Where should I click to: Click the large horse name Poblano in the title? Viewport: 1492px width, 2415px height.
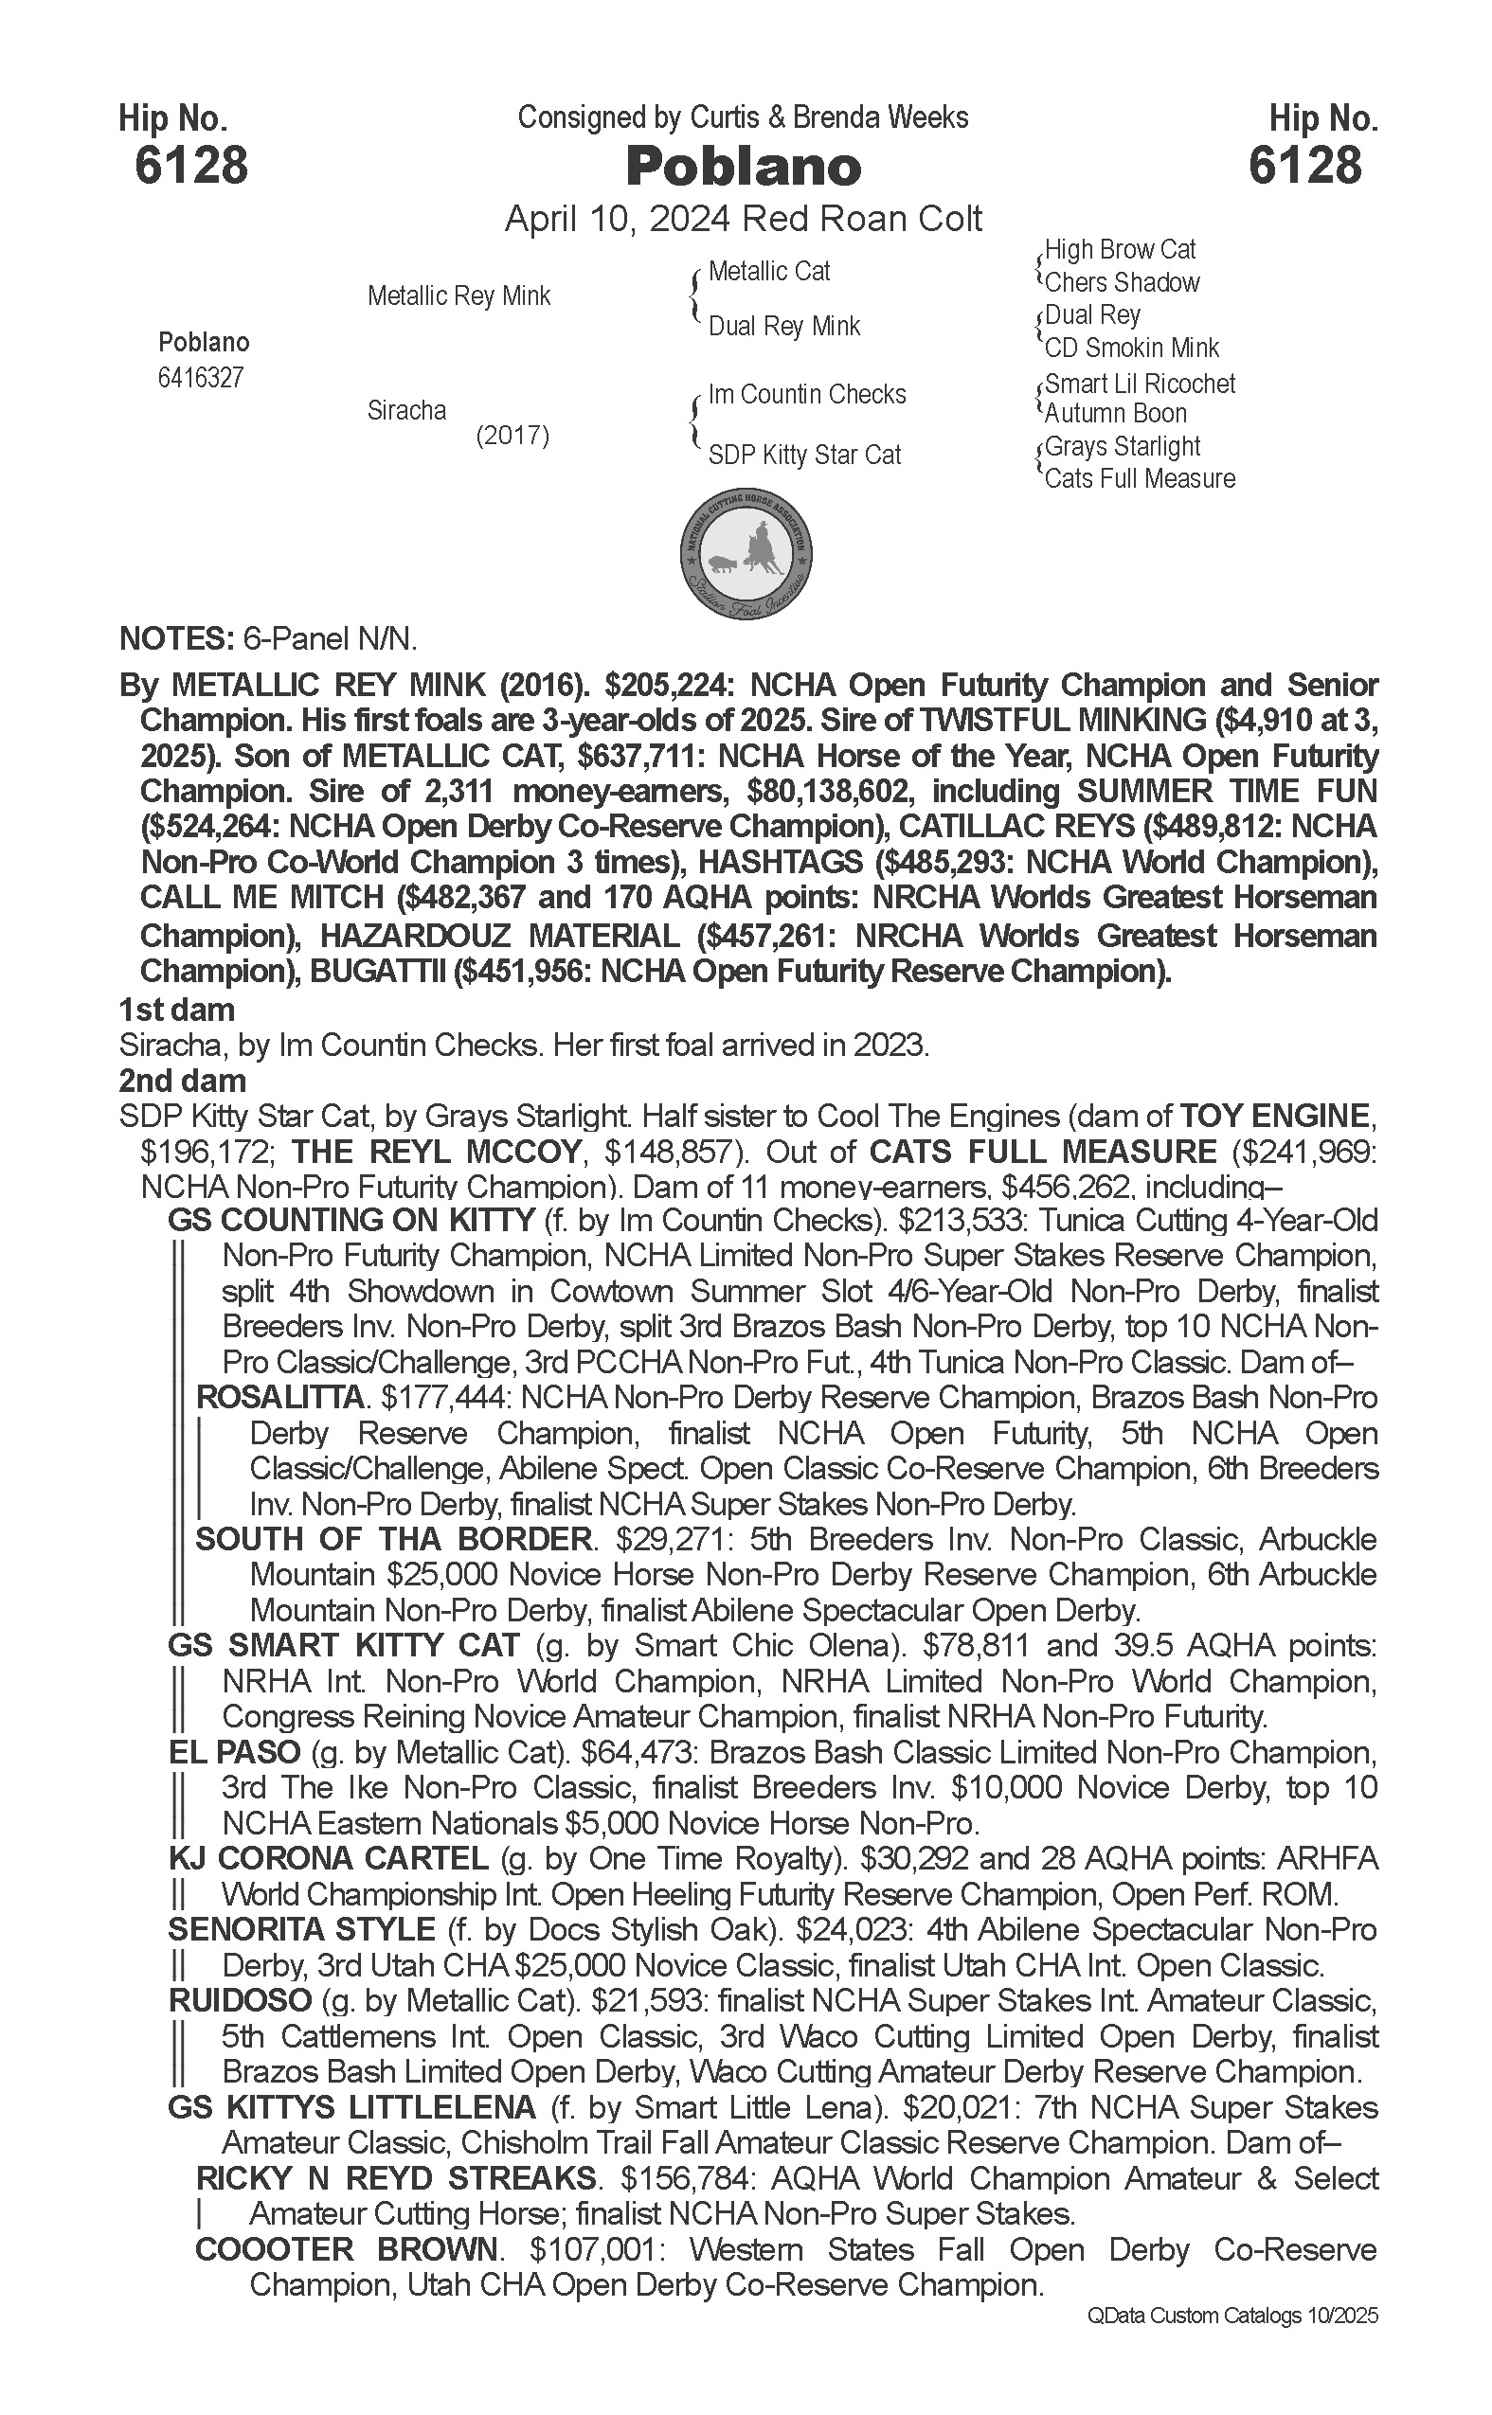[x=744, y=167]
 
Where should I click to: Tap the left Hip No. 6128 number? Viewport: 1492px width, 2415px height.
[x=191, y=165]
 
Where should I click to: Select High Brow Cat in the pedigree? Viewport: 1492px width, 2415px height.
[x=1120, y=250]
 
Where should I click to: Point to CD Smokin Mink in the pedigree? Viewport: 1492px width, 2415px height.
[x=1132, y=349]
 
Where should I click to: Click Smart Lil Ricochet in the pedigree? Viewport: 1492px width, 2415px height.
[x=1140, y=384]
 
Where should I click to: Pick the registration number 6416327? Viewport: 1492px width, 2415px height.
[x=200, y=378]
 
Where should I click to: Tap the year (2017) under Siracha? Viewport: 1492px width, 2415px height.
[x=512, y=435]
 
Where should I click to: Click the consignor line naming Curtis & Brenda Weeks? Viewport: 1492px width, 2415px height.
[x=743, y=118]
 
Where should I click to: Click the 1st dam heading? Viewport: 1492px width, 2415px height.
[x=176, y=1010]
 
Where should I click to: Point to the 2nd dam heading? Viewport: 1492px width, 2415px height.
[x=182, y=1081]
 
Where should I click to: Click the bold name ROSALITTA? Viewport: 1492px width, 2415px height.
[x=280, y=1398]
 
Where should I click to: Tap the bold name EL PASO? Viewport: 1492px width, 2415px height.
[x=234, y=1753]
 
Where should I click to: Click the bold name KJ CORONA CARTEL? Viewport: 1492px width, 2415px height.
[x=329, y=1860]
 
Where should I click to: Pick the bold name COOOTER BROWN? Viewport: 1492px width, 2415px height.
[x=347, y=2250]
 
